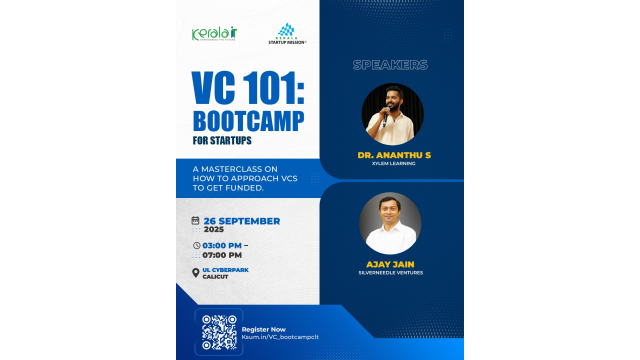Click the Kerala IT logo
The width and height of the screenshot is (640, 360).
pyautogui.click(x=214, y=34)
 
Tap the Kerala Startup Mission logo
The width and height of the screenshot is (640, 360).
pyautogui.click(x=287, y=34)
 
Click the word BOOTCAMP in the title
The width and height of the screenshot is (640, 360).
pyautogui.click(x=248, y=121)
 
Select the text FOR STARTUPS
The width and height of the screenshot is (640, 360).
pyautogui.click(x=222, y=140)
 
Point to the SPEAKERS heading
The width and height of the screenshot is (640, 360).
pyautogui.click(x=390, y=65)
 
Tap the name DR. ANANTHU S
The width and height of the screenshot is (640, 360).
pyautogui.click(x=394, y=155)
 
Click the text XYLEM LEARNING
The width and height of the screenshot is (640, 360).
pyautogui.click(x=393, y=163)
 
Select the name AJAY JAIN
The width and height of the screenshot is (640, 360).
pyautogui.click(x=390, y=264)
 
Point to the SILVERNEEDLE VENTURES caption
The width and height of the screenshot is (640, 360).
pyautogui.click(x=390, y=273)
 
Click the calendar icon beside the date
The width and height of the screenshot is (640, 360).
pyautogui.click(x=195, y=220)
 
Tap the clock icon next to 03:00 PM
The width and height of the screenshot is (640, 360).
pyautogui.click(x=196, y=245)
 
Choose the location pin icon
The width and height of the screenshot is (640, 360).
pyautogui.click(x=195, y=273)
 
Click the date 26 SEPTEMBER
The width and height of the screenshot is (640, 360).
pyautogui.click(x=241, y=221)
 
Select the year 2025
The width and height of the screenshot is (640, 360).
pyautogui.click(x=213, y=230)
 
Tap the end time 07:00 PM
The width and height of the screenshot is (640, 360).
pyautogui.click(x=222, y=255)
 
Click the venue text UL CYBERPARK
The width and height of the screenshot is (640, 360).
pyautogui.click(x=225, y=270)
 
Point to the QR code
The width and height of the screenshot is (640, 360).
pyautogui.click(x=219, y=332)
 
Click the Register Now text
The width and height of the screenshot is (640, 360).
pyautogui.click(x=263, y=329)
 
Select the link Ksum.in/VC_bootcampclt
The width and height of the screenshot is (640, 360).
pyautogui.click(x=280, y=337)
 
